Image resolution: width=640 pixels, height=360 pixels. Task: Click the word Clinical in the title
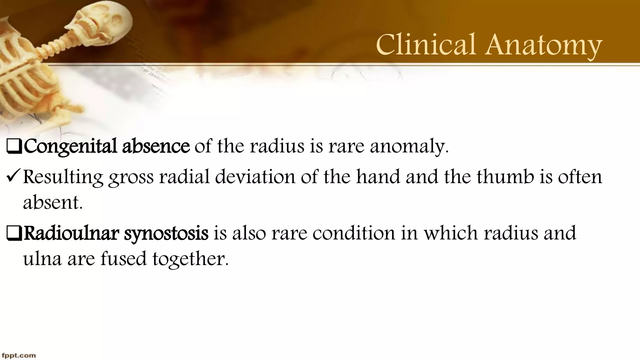(x=427, y=45)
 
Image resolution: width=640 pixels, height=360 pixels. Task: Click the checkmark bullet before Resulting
(x=13, y=177)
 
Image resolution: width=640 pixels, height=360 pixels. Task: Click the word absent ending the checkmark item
(x=53, y=202)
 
